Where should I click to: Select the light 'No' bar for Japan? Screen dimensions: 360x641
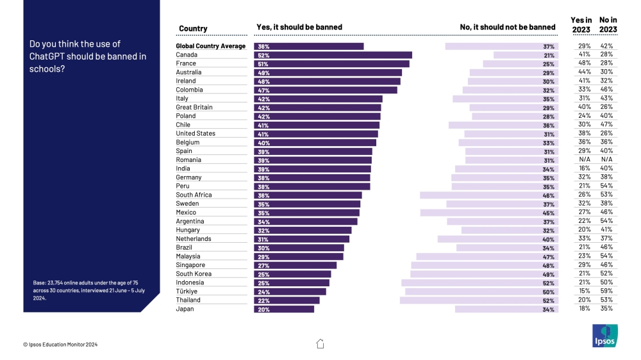(x=506, y=309)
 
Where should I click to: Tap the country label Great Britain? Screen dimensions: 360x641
(x=194, y=108)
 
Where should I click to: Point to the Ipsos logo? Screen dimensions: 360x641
(x=604, y=336)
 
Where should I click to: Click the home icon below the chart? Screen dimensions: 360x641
(x=320, y=344)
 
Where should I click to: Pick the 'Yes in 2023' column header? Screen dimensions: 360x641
(x=581, y=24)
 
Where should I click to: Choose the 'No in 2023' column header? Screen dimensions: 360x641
(x=608, y=24)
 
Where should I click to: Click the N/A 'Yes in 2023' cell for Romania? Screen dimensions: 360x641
(x=584, y=160)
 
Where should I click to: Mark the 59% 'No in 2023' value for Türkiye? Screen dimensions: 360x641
(x=606, y=291)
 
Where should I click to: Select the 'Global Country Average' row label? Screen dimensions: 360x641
(x=211, y=46)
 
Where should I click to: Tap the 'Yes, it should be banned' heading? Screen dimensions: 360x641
(x=299, y=28)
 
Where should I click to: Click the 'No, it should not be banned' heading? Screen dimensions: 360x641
(x=508, y=28)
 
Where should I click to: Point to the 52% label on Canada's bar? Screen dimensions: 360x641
(x=263, y=55)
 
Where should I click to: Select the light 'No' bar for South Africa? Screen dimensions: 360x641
(x=489, y=195)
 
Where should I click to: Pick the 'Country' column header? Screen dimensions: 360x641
(x=193, y=28)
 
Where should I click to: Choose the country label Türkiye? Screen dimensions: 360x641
(x=188, y=291)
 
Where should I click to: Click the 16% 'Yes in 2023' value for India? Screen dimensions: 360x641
(x=584, y=168)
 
